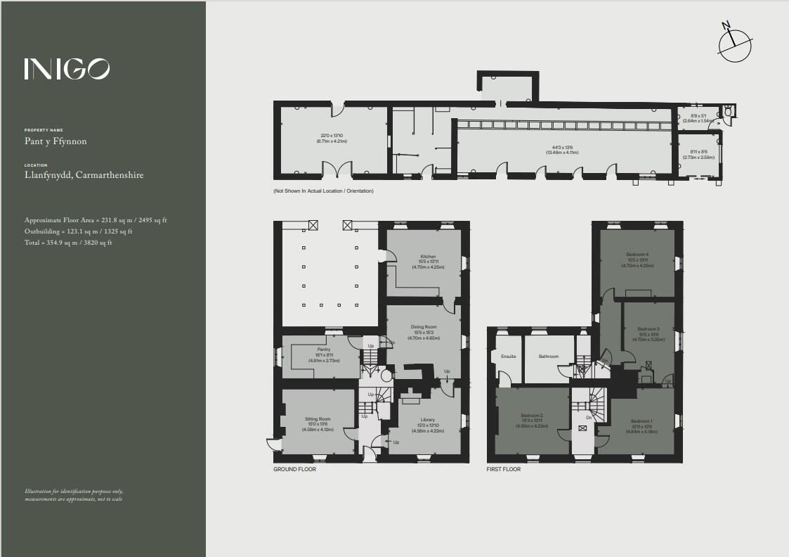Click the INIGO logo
pos(67,68)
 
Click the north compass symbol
pos(735,41)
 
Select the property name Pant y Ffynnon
pos(56,141)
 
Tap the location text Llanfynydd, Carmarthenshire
pos(84,175)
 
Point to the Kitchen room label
pos(429,257)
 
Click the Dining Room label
pos(424,327)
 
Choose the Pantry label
pos(324,350)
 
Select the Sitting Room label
pos(318,419)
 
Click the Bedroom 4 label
pos(637,254)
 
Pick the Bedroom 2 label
pos(532,415)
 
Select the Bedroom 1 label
pos(642,421)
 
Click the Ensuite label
pos(509,357)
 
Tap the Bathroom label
pos(549,357)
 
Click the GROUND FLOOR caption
pos(294,469)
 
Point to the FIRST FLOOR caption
pos(504,469)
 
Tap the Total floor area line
pos(68,243)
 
